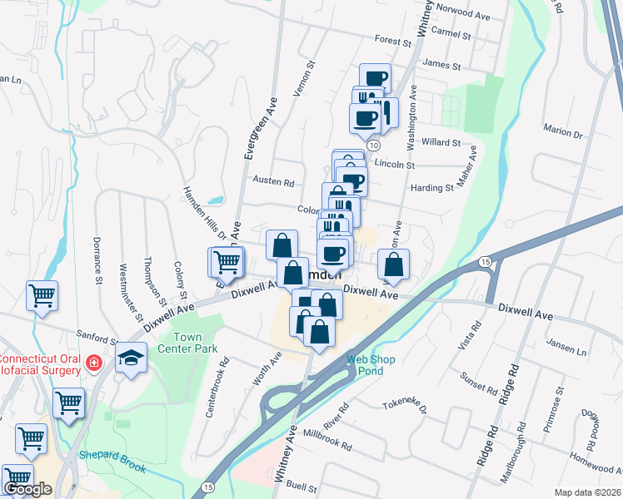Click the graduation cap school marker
pos(131,358)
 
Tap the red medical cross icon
pos(93,363)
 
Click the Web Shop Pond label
pos(371,365)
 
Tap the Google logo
pos(27,489)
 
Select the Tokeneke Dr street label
pos(405,406)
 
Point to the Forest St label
pos(388,39)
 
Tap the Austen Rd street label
pos(273,182)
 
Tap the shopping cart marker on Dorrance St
pos(42,294)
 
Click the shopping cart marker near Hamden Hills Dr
pos(226,262)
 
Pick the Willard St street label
pos(441,142)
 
